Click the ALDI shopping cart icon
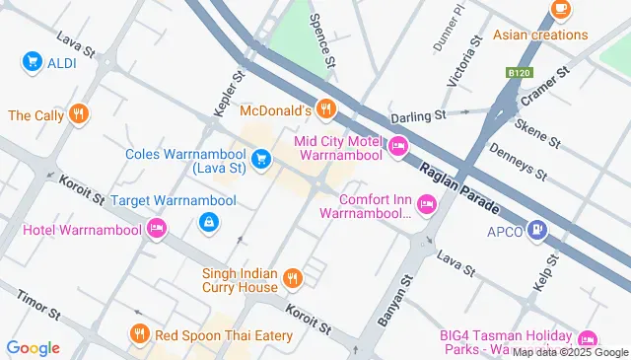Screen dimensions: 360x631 (x=32, y=61)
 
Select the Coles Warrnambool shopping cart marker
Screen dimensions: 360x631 (x=261, y=158)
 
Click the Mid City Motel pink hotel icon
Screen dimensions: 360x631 (x=397, y=147)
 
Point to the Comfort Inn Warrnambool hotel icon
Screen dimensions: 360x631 (x=427, y=204)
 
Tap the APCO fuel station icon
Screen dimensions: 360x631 (x=537, y=230)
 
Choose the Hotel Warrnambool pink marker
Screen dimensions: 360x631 (x=156, y=229)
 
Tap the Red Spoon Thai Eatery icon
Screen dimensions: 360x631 (x=139, y=335)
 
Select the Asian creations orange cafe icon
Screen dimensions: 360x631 (x=561, y=9)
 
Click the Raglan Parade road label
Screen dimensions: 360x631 (x=460, y=188)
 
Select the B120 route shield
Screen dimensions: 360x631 (x=519, y=73)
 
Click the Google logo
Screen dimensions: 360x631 (x=33, y=347)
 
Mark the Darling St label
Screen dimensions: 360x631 (x=418, y=115)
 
